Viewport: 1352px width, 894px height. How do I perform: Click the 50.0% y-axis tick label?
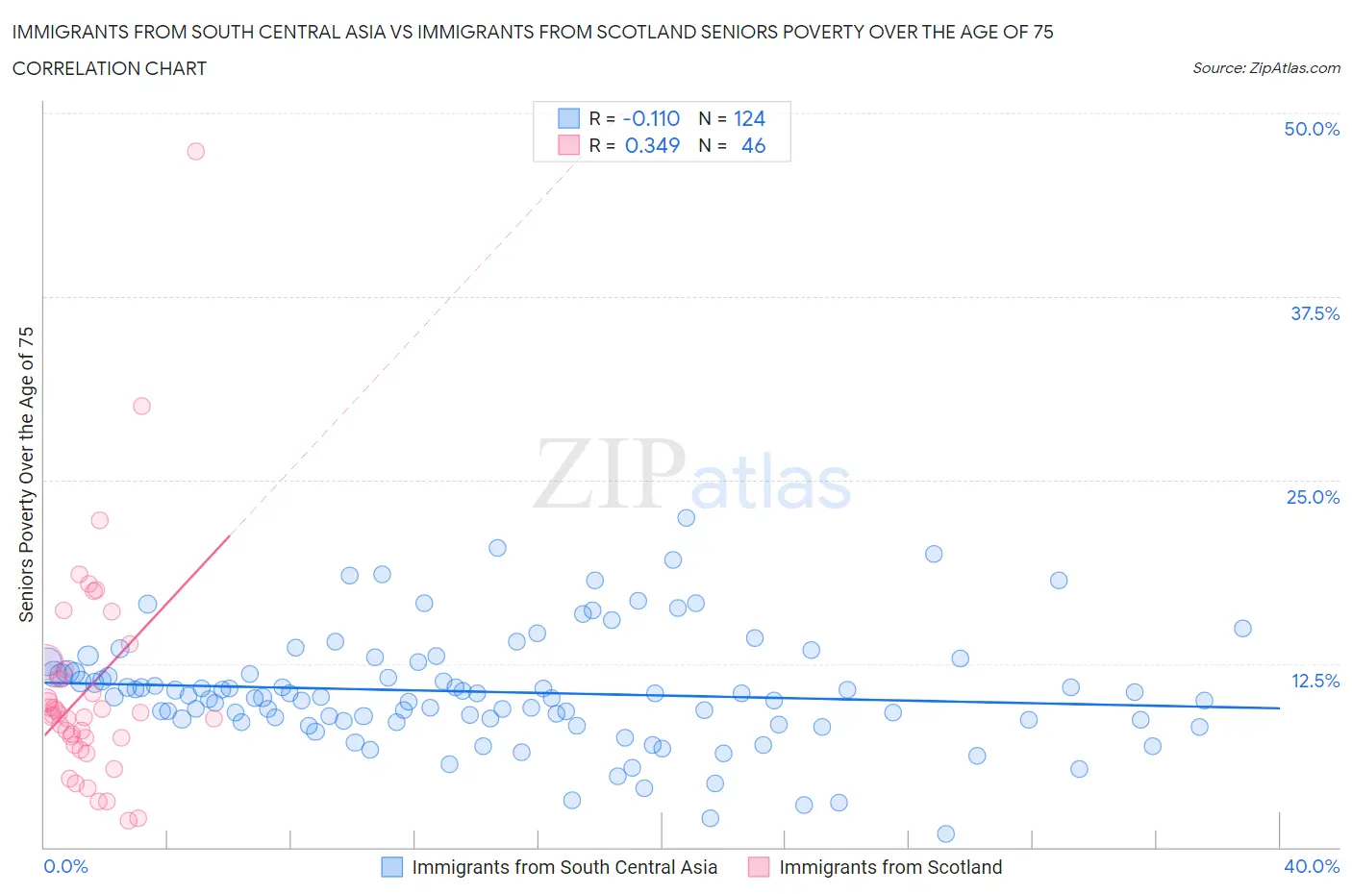1312,129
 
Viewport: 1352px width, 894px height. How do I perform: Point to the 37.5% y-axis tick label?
1314,313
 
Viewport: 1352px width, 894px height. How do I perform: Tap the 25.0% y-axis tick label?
1313,497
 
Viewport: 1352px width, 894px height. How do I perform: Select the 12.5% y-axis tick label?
1314,681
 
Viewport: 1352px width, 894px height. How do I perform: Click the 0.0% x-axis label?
66,866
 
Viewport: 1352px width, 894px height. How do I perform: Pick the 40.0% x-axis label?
1312,866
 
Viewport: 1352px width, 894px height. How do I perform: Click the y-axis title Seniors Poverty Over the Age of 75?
26,474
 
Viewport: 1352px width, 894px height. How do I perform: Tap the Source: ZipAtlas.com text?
1265,67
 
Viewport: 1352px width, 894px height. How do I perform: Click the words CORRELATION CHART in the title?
110,68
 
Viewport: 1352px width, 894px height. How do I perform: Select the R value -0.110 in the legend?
651,118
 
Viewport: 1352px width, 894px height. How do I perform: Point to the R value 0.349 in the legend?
652,145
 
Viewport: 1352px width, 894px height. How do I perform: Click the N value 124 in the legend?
749,118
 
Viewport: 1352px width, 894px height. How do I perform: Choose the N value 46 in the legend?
753,145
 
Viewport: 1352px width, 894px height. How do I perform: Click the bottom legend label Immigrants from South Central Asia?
564,867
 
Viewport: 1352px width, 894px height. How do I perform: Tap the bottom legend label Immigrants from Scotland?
890,867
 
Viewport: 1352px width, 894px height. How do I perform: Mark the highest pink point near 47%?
196,151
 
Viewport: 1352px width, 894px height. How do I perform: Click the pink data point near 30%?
141,406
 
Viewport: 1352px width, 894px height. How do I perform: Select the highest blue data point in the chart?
686,517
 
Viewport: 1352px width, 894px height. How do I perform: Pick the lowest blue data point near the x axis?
945,833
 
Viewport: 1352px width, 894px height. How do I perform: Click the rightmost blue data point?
1242,629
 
